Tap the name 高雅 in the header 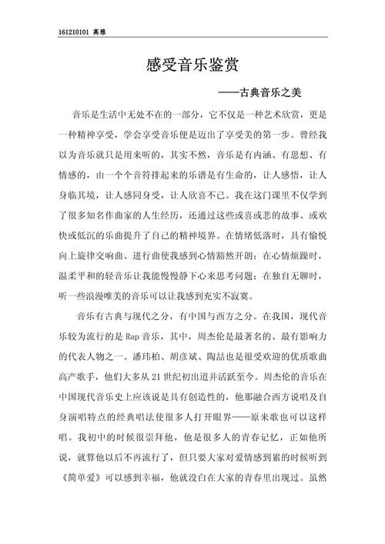click(x=100, y=32)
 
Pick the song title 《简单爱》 click(x=82, y=478)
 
